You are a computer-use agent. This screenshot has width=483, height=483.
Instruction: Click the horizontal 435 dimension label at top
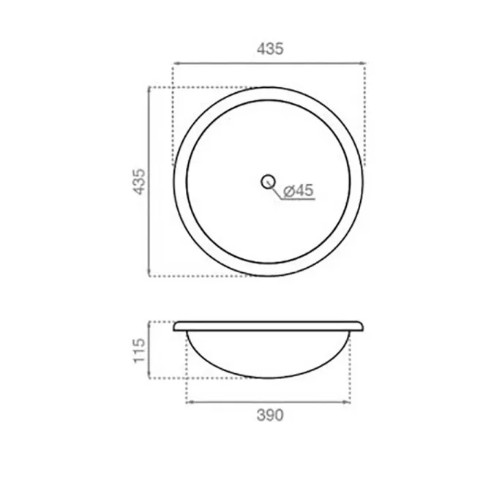(x=270, y=49)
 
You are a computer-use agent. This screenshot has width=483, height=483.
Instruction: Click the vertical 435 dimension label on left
(x=139, y=181)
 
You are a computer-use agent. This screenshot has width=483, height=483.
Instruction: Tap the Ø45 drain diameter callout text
(x=298, y=190)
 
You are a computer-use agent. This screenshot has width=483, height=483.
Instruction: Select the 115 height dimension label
(x=139, y=351)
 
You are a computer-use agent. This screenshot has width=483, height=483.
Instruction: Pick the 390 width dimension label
(x=270, y=415)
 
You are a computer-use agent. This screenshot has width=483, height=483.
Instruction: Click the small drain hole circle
(x=268, y=181)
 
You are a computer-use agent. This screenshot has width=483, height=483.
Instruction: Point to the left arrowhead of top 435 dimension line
(x=176, y=64)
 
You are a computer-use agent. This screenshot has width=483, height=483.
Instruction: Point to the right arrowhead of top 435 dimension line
(x=362, y=64)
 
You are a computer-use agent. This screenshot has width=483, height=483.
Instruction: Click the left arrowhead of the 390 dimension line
(x=190, y=402)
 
